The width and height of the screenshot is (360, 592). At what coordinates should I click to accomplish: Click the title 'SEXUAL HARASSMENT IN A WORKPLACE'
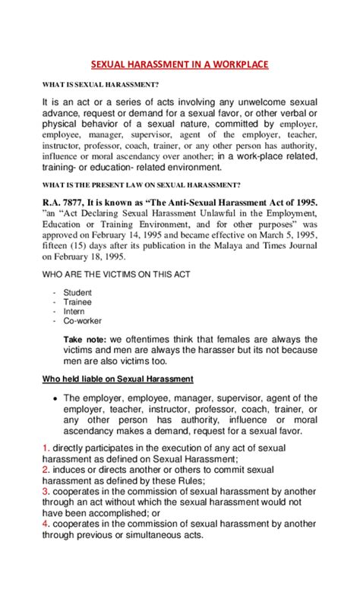coord(179,65)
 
